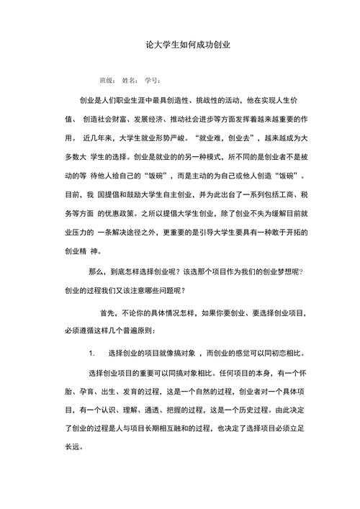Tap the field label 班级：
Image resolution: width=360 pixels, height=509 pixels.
[x=107, y=80]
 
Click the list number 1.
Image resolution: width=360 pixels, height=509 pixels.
[x=91, y=354]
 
